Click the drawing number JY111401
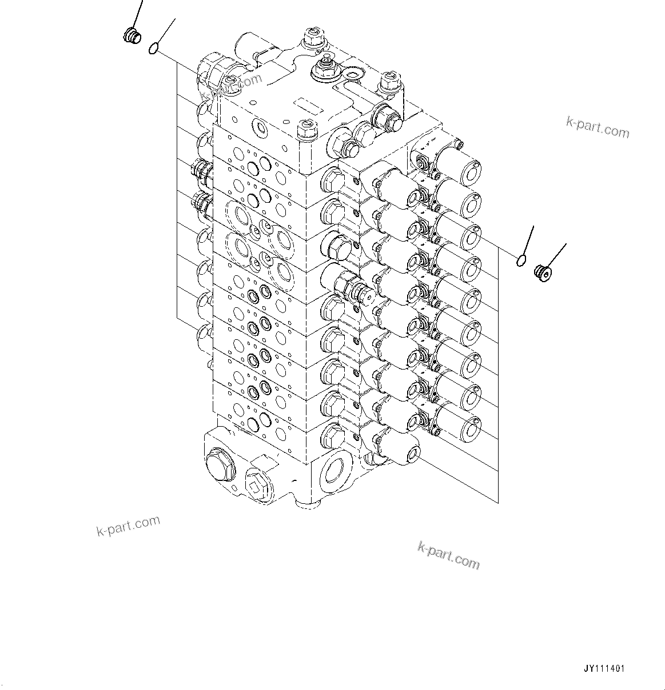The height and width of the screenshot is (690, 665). (x=604, y=669)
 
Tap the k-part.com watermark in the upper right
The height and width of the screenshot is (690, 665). (x=597, y=129)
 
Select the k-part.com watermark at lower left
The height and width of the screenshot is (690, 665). (x=128, y=526)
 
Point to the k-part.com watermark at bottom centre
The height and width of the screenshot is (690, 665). (x=448, y=555)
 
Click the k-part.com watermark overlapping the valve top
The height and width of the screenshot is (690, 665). (x=232, y=86)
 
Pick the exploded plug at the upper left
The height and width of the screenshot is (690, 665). (x=132, y=36)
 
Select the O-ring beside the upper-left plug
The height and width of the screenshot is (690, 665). (x=153, y=49)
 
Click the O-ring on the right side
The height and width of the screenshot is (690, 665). (x=520, y=260)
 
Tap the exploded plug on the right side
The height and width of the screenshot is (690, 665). (x=542, y=273)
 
